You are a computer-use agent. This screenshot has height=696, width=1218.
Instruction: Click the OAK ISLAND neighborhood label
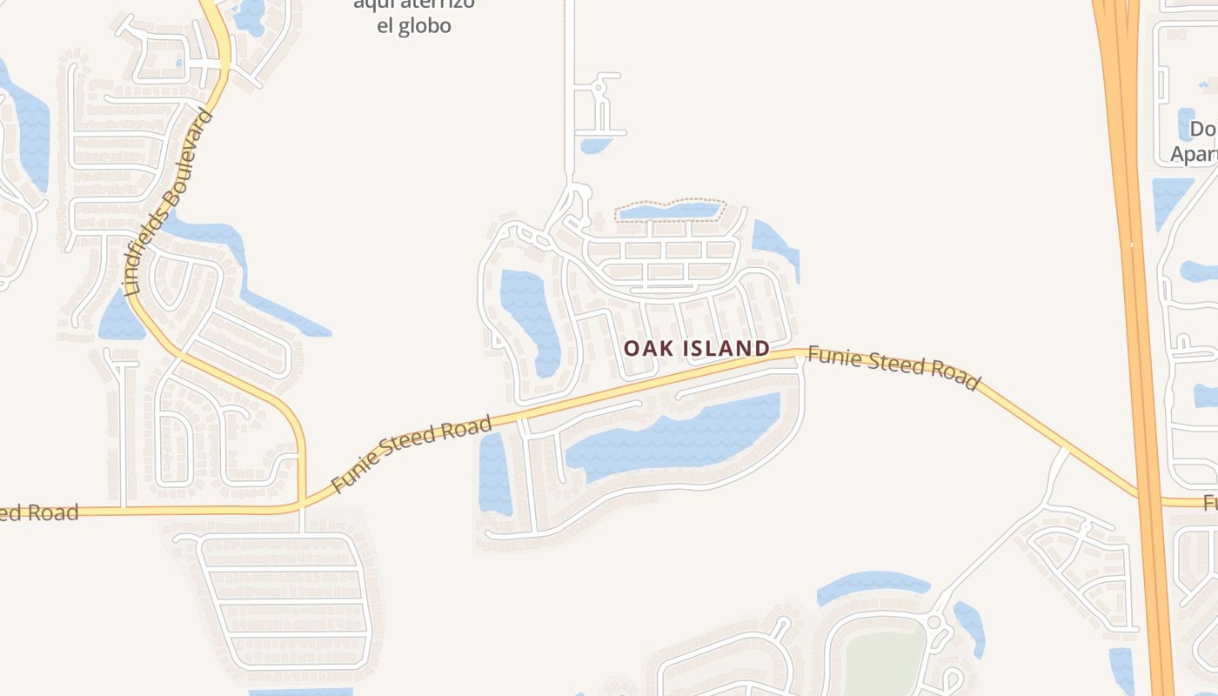[697, 349]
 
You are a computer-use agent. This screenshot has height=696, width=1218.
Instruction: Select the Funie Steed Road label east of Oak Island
[893, 368]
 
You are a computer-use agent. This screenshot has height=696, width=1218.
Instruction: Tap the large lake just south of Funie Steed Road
[673, 440]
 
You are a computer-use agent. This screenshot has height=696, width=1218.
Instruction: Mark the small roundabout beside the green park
[934, 622]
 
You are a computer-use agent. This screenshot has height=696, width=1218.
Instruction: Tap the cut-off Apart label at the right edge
[1194, 155]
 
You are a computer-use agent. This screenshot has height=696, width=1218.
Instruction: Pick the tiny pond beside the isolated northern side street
[596, 145]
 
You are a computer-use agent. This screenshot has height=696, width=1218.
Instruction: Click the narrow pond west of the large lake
[493, 475]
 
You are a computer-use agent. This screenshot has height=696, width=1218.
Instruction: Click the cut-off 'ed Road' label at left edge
[39, 512]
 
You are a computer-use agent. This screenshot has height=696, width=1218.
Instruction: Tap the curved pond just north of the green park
[873, 586]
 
